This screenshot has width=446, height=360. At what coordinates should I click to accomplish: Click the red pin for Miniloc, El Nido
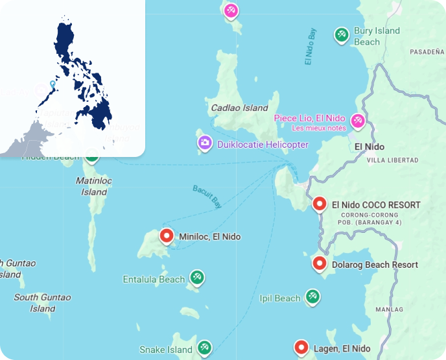(167, 236)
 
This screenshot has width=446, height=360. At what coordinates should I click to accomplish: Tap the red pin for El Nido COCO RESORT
(319, 204)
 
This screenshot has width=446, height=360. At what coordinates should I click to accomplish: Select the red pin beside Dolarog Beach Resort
(319, 263)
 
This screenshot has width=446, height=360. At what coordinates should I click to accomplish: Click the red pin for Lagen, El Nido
(301, 348)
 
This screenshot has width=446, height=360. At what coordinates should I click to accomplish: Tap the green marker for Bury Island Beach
(341, 34)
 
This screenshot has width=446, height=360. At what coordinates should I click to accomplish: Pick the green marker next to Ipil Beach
(312, 296)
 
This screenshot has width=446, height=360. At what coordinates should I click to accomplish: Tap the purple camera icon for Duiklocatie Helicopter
(205, 143)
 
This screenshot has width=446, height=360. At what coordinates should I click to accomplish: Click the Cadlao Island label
(239, 108)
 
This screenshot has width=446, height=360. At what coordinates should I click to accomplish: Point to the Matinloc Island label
(94, 186)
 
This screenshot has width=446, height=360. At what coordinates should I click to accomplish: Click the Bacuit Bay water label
(207, 196)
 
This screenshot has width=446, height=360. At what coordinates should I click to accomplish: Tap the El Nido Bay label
(311, 47)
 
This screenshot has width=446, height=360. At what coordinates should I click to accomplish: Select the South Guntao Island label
(43, 303)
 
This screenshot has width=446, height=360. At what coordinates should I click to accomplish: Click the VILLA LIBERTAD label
(395, 160)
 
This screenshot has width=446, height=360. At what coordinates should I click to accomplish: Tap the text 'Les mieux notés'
(318, 128)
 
